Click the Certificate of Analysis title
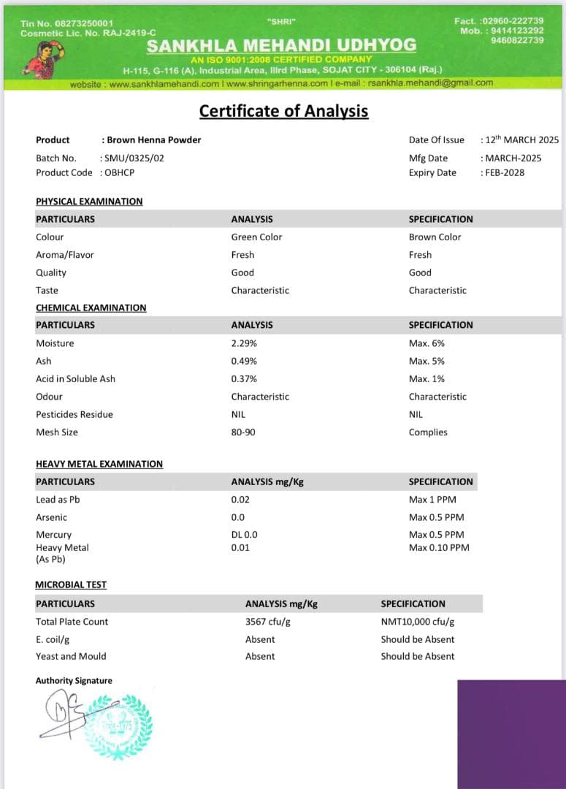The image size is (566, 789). (283, 111)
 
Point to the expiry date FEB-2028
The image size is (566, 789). (505, 172)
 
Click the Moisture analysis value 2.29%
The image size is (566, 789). (244, 343)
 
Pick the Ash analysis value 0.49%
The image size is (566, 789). (244, 361)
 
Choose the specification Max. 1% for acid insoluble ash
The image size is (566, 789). (427, 378)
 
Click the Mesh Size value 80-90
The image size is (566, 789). (243, 432)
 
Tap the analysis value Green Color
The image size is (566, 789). (256, 237)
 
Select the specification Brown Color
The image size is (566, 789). (435, 237)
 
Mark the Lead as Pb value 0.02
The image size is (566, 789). (240, 499)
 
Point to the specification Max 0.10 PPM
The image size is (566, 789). (439, 547)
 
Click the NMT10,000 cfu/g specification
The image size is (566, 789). (417, 621)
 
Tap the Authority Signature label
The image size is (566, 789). (74, 680)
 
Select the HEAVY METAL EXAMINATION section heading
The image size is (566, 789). (99, 464)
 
